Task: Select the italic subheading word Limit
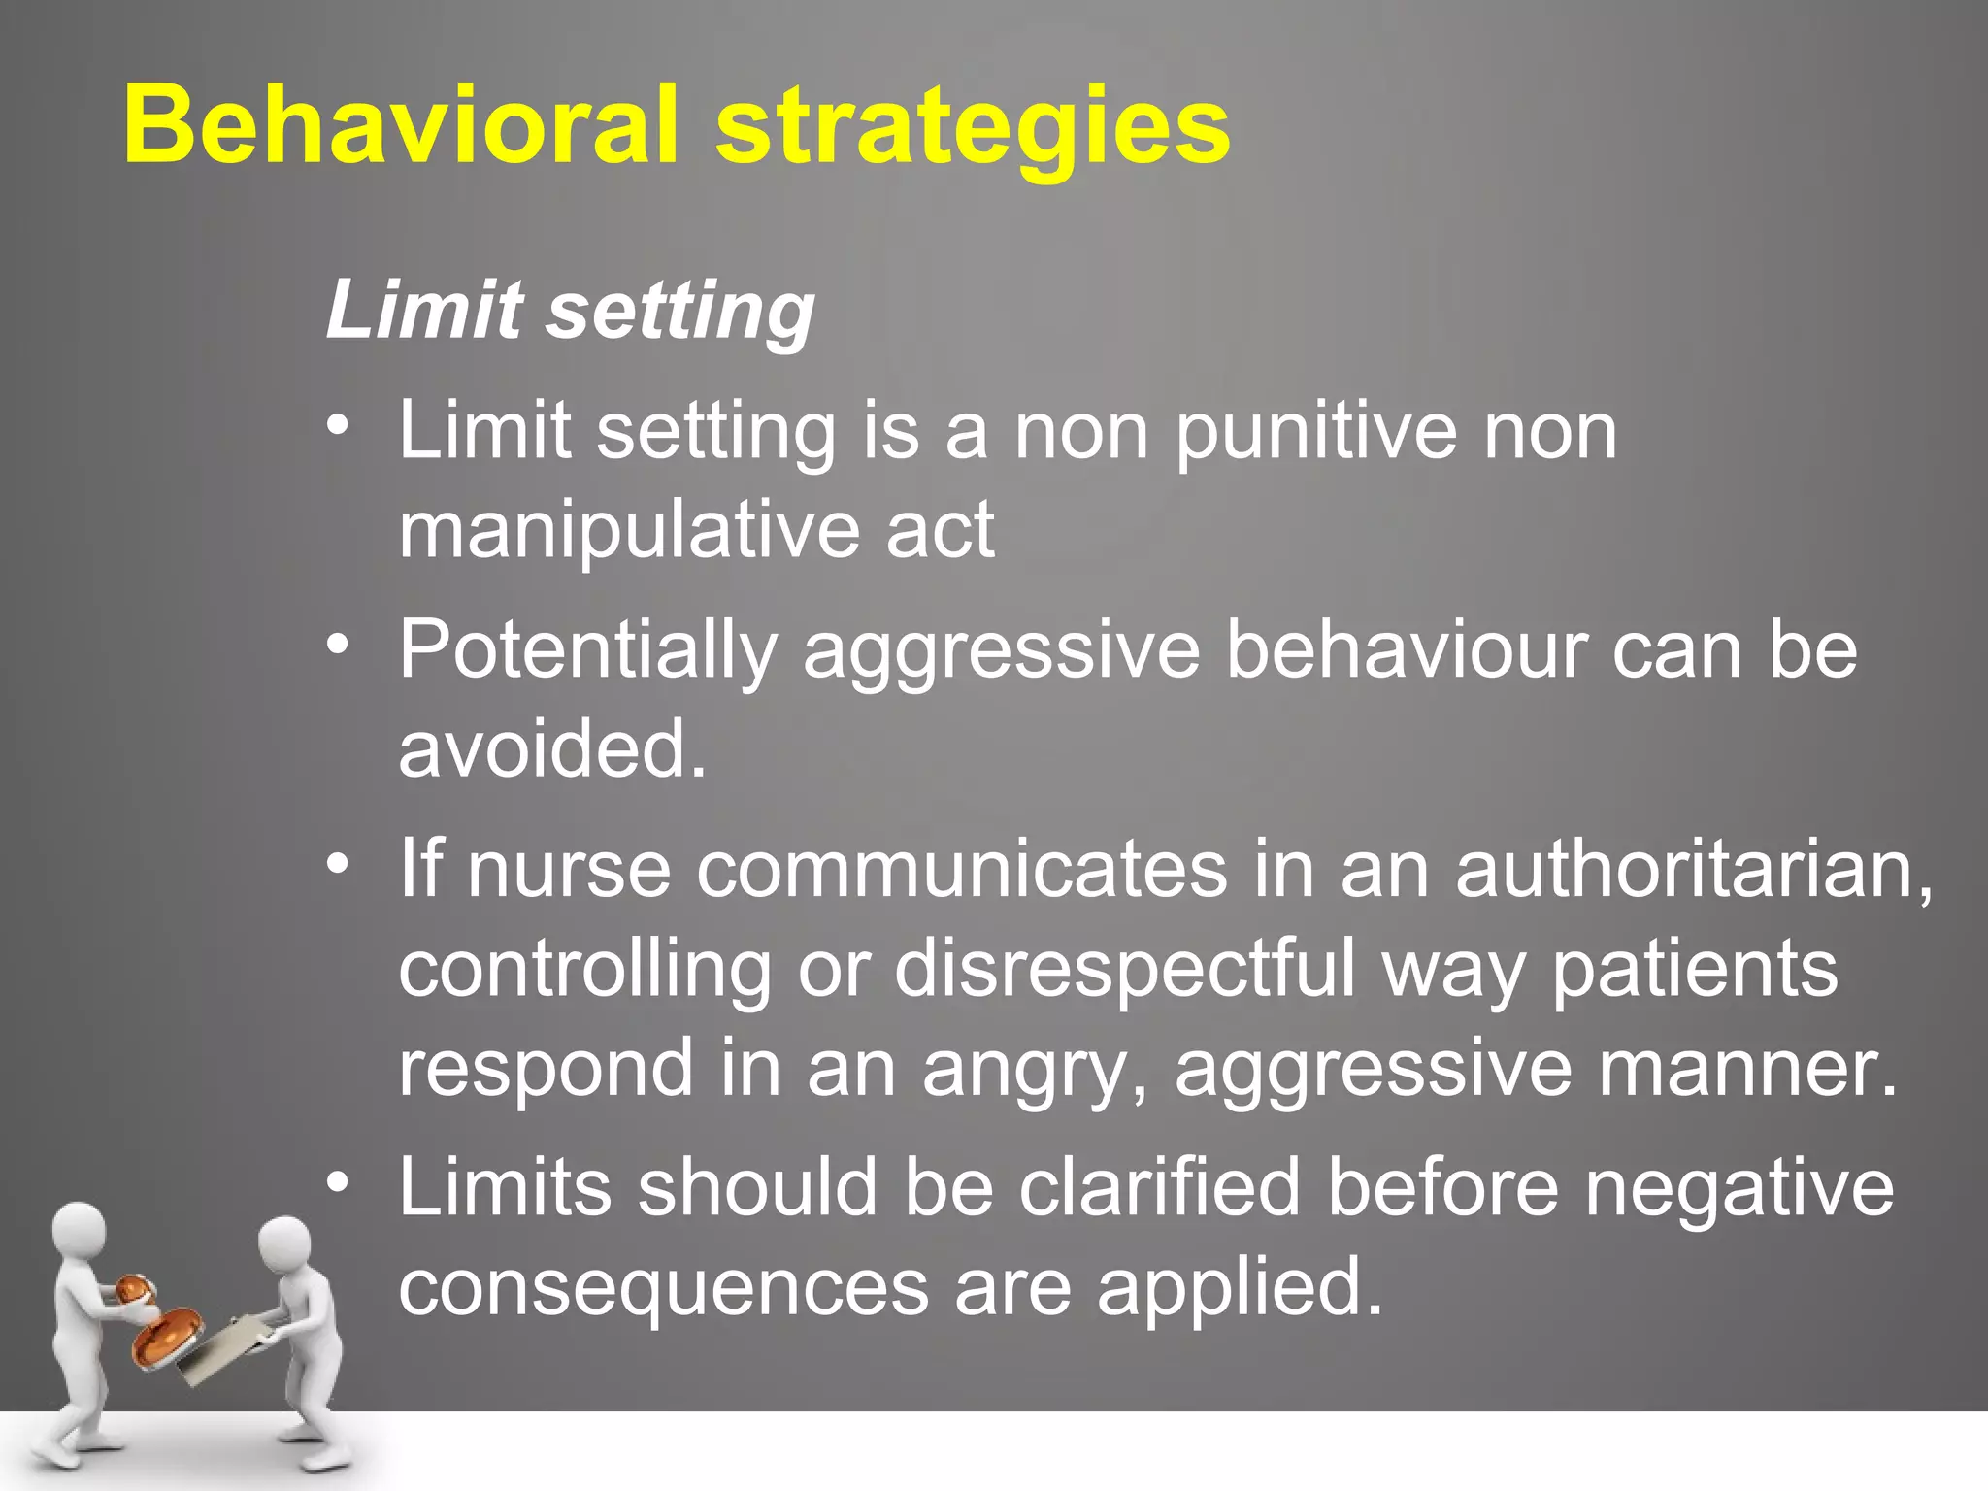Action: click(x=424, y=310)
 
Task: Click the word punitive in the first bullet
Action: click(x=1315, y=432)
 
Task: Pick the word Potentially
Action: click(x=588, y=652)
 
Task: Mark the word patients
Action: click(x=1695, y=971)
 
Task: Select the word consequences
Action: click(x=664, y=1288)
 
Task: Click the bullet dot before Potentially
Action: click(x=337, y=645)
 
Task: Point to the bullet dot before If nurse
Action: click(x=337, y=863)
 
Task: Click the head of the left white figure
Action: click(x=78, y=1232)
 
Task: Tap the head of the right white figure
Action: click(x=284, y=1245)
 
